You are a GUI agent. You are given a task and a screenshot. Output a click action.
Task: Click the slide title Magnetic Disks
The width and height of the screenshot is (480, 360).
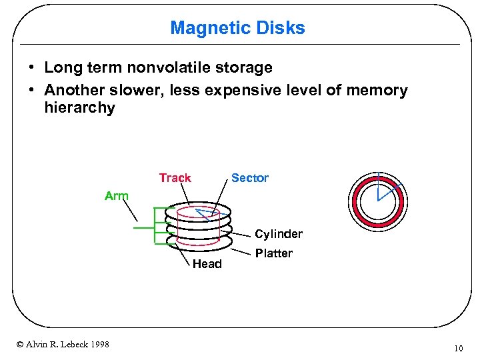[237, 28]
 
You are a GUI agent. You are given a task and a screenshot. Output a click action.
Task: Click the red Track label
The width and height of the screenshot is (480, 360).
[175, 178]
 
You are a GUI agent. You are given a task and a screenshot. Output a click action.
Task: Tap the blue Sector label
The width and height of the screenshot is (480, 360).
[249, 178]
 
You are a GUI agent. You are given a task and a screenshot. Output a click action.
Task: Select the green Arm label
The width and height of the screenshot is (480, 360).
[117, 196]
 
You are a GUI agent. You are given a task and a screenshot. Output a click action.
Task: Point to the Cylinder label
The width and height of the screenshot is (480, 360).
[279, 234]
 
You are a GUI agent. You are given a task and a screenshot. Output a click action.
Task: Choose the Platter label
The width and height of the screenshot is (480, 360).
[273, 253]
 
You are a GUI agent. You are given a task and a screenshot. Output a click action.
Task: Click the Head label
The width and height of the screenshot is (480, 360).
[207, 264]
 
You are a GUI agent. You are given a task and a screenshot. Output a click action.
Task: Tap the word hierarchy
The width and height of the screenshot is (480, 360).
[79, 108]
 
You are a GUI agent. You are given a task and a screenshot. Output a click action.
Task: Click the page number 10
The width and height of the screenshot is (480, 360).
[458, 348]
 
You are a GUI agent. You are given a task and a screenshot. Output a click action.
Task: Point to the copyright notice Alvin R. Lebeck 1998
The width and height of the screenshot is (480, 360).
[63, 344]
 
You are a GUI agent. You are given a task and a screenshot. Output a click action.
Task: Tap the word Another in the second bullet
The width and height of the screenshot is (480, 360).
[73, 90]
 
